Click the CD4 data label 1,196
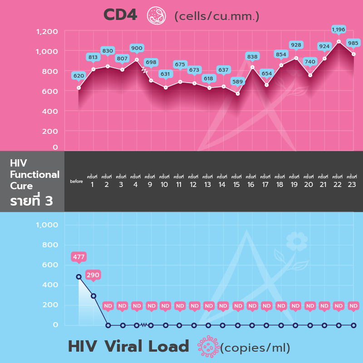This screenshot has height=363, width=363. [x=338, y=29]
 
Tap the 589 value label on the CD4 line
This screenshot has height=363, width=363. [x=237, y=82]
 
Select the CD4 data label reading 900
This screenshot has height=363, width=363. [x=137, y=48]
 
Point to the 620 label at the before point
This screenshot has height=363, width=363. [x=78, y=76]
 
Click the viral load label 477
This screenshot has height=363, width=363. [x=78, y=257]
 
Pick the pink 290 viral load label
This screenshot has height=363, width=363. [x=93, y=275]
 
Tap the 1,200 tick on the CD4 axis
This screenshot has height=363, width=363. [x=47, y=32]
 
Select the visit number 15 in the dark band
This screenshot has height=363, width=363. [x=236, y=185]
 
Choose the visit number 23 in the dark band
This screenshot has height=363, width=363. [x=352, y=185]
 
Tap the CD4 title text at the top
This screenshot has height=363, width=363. [x=120, y=15]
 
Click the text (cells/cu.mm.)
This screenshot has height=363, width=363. [x=217, y=16]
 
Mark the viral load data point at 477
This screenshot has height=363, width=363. [x=78, y=277]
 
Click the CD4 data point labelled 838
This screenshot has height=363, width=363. [x=252, y=67]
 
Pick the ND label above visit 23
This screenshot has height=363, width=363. [x=353, y=306]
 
